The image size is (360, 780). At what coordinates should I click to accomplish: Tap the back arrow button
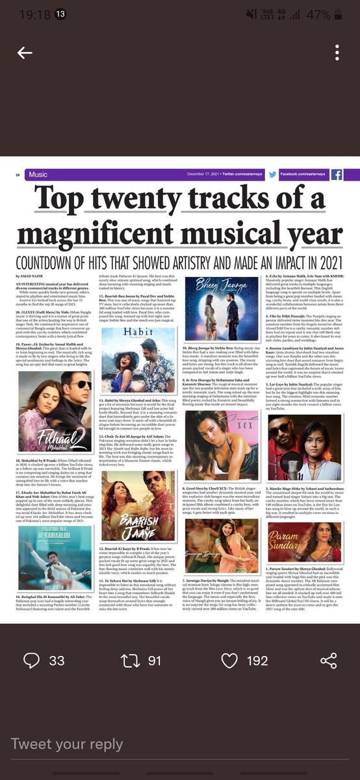tap(25, 53)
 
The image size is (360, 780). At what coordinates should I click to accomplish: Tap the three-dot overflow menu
tap(336, 53)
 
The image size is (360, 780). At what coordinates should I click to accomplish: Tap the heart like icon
tap(229, 660)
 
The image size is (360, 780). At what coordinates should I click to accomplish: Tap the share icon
tap(329, 660)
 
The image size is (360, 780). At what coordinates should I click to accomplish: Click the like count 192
tap(257, 660)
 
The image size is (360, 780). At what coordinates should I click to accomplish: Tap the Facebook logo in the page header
tap(337, 175)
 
